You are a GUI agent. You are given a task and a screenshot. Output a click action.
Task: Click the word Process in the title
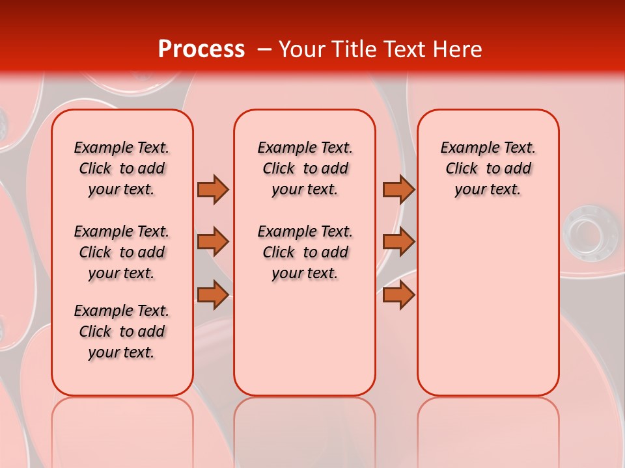[201, 49]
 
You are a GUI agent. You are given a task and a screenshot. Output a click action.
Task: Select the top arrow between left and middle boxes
[213, 189]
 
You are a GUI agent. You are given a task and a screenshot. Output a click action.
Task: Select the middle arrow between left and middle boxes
[213, 242]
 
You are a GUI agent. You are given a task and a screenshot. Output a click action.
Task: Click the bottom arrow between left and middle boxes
[213, 294]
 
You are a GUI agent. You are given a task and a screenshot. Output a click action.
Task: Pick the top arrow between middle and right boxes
[398, 189]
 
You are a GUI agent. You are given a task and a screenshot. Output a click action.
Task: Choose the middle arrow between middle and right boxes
[398, 242]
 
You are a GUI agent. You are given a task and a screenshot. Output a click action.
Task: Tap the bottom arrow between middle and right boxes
[398, 294]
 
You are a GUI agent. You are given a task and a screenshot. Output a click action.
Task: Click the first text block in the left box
[122, 168]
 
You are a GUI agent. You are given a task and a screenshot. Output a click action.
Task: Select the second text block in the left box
[122, 252]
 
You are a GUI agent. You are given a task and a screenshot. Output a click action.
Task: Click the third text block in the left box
[122, 331]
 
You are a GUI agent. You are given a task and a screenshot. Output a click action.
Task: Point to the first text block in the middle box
[305, 168]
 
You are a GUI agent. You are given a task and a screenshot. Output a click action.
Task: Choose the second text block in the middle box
[305, 252]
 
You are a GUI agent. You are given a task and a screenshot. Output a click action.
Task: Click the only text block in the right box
[488, 168]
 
